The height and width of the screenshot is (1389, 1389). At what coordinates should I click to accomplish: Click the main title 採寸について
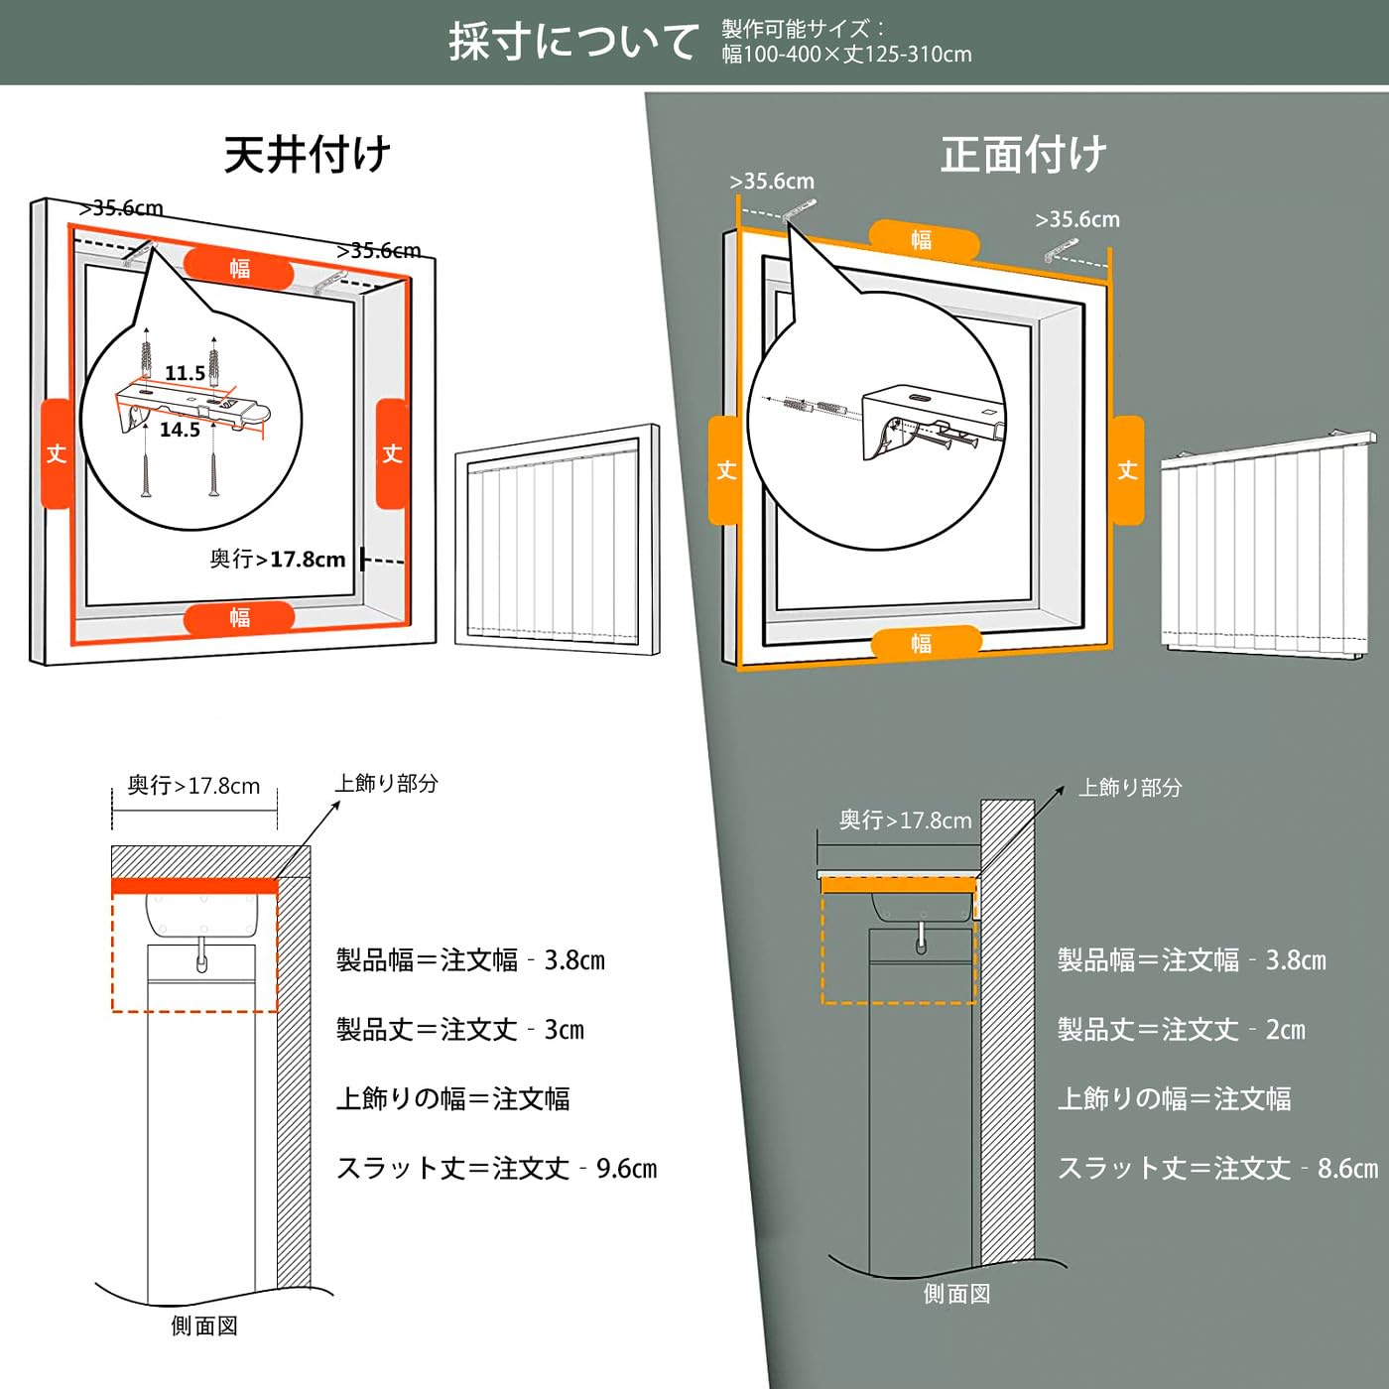coord(573,42)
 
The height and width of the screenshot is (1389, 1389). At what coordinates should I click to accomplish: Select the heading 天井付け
coord(308,155)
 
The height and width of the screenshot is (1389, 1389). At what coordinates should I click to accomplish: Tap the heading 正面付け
coord(1023,155)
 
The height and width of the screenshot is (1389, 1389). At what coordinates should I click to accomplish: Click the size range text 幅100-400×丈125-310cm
coord(846,55)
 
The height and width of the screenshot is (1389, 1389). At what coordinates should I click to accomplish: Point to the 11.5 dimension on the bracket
coord(185,373)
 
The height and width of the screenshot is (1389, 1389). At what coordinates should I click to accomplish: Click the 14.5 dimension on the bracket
coord(180,430)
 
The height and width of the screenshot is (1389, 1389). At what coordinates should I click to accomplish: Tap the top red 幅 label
coord(239,269)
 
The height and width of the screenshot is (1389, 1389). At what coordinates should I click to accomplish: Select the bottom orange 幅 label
coord(923,643)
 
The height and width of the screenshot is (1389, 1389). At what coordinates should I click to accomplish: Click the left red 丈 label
coord(57,453)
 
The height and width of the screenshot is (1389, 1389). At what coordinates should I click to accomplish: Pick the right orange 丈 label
coord(1127,469)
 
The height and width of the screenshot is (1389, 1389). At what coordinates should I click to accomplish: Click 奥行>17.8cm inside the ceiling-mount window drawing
coord(278,560)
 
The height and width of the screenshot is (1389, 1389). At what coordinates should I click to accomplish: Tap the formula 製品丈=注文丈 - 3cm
coord(460,1030)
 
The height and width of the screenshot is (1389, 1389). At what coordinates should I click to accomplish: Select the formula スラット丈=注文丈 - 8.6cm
coord(1217,1169)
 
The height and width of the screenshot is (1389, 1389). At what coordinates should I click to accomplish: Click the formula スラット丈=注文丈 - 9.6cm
coord(496,1169)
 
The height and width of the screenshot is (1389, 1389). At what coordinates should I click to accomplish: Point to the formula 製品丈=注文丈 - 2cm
coord(1181,1030)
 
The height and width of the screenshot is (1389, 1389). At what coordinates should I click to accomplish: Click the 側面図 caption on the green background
coord(956,1294)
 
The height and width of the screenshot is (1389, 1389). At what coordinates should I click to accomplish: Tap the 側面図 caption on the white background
coord(204,1326)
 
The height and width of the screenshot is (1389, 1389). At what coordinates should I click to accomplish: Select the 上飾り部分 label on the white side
coord(386,784)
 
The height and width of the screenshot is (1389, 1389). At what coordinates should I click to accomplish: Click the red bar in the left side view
coord(194,886)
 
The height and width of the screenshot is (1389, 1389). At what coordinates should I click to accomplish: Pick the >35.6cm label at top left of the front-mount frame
coord(772,182)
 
